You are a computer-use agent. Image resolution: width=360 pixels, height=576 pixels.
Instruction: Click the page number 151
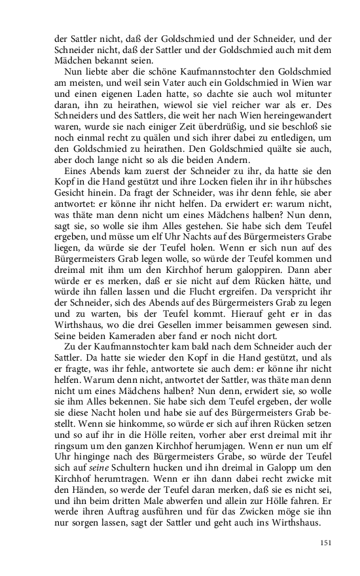tap(326, 543)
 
